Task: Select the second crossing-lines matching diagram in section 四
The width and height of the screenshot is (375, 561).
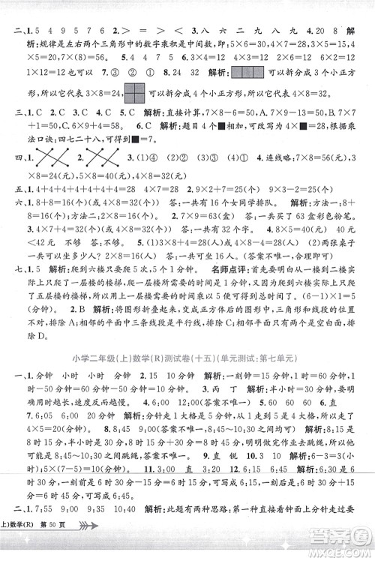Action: click(x=100, y=159)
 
